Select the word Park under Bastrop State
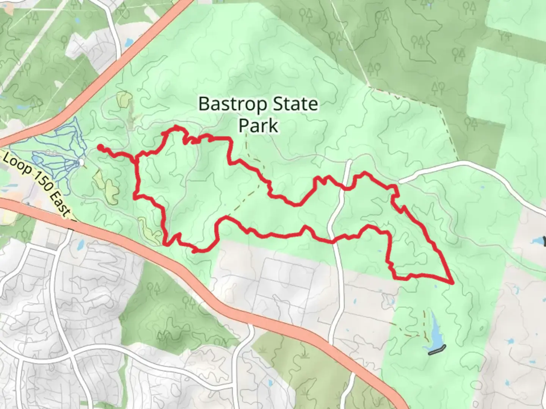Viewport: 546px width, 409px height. click(258, 125)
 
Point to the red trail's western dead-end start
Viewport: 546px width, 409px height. click(100, 147)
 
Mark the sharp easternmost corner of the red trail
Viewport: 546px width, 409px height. click(452, 283)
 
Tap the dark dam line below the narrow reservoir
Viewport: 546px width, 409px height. click(437, 350)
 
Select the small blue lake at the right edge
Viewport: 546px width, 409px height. click(538, 240)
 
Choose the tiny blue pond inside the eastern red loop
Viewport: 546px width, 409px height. click(380, 251)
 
